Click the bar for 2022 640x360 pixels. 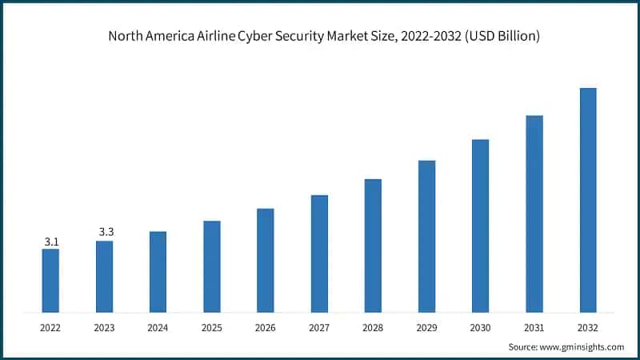tap(50, 280)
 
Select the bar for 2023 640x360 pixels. tap(104, 276)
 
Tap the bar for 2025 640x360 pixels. tap(211, 266)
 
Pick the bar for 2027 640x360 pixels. tap(319, 253)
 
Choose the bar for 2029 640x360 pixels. tap(426, 236)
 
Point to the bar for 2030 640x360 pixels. tap(480, 226)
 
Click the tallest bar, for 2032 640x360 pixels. tap(588, 200)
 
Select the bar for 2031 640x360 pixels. tap(534, 214)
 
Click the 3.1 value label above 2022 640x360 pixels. tap(50, 241)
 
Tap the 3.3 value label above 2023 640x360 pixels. tap(106, 232)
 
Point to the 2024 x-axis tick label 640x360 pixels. tap(158, 328)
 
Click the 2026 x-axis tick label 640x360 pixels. tap(266, 328)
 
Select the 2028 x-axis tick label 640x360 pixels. tap(373, 328)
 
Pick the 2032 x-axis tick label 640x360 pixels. tap(588, 328)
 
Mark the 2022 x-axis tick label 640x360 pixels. tap(50, 328)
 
